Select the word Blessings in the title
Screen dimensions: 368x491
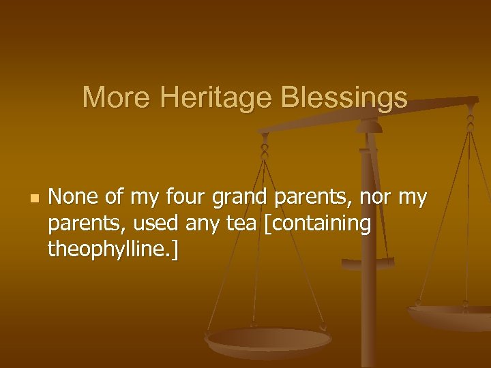pyautogui.click(x=353, y=97)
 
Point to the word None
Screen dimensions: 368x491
pyautogui.click(x=74, y=198)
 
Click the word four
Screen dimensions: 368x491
pyautogui.click(x=186, y=198)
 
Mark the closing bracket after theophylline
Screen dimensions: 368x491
pyautogui.click(x=176, y=250)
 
